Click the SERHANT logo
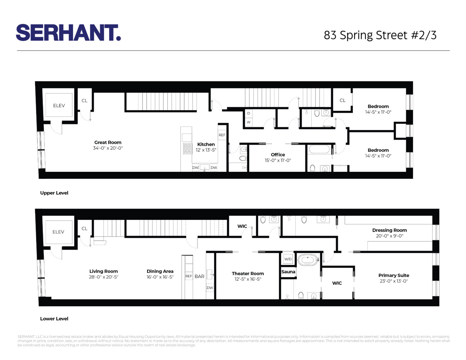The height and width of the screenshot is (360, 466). [x=68, y=33]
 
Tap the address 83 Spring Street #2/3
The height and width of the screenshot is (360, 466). [x=380, y=35]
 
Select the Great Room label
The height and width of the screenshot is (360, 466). [x=108, y=143]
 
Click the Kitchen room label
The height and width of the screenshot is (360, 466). [x=206, y=144]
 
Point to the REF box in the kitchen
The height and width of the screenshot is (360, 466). [x=222, y=135]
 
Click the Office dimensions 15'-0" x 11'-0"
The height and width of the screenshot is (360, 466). [x=278, y=161]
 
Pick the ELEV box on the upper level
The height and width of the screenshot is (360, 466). [x=59, y=105]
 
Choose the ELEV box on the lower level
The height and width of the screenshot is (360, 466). [x=58, y=232]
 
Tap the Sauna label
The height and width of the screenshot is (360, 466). [x=288, y=272]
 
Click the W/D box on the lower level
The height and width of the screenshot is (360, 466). [x=288, y=259]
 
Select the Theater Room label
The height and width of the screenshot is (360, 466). [x=248, y=274]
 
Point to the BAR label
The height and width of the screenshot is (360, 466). [x=199, y=276]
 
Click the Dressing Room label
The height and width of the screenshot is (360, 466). [x=389, y=230]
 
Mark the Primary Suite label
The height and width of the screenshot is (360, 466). [x=394, y=275]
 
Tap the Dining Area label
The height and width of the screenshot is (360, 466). [x=160, y=271]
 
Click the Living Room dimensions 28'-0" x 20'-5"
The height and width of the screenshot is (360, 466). [x=104, y=277]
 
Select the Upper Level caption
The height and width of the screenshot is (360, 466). [x=54, y=193]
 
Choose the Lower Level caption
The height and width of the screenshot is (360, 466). [x=54, y=319]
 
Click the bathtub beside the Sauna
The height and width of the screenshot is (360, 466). [x=308, y=260]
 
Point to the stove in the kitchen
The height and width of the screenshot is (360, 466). [x=187, y=148]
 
